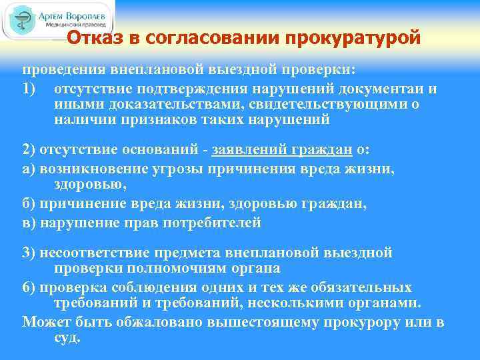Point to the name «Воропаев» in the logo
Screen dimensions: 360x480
coord(87,13)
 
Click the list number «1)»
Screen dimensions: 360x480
coord(31,89)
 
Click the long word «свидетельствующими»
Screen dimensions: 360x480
coord(342,105)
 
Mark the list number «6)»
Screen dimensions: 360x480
coord(30,287)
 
